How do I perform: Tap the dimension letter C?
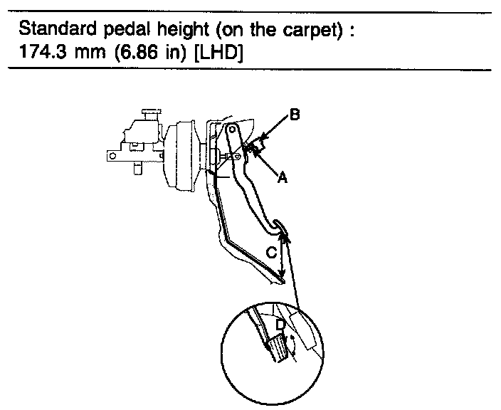pyautogui.click(x=270, y=253)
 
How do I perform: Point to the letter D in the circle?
pyautogui.click(x=281, y=325)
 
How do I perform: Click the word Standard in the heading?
pyautogui.click(x=51, y=31)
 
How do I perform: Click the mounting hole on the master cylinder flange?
pyautogui.click(x=112, y=154)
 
